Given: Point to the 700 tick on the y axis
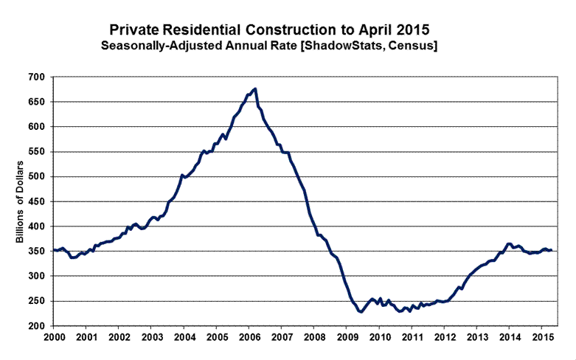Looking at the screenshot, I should (37, 77).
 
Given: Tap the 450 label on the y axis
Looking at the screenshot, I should (37, 201).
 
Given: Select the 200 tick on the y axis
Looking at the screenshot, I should (37, 325).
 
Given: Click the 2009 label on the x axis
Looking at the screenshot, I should (346, 337).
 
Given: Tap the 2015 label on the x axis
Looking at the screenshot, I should (541, 337).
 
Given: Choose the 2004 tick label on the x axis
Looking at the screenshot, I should (184, 337).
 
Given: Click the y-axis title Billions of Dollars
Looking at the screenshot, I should (20, 201).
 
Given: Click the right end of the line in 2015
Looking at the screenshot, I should (552, 251).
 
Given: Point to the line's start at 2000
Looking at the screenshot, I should (54, 250).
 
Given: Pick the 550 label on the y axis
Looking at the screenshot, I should (37, 151).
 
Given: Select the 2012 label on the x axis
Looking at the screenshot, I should (443, 337).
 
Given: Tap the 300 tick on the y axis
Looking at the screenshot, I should (37, 276).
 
